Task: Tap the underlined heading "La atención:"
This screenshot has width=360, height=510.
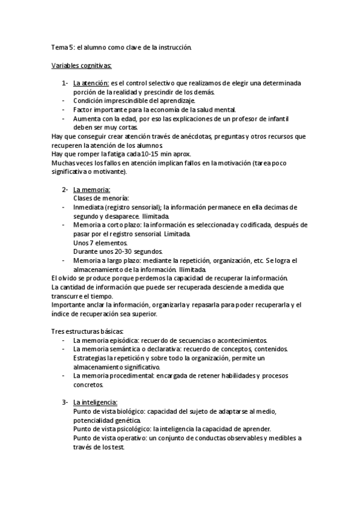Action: point(91,82)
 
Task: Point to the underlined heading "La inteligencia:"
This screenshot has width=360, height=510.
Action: point(95,402)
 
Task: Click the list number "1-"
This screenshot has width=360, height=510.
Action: point(65,82)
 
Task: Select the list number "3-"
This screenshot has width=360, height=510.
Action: point(65,402)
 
